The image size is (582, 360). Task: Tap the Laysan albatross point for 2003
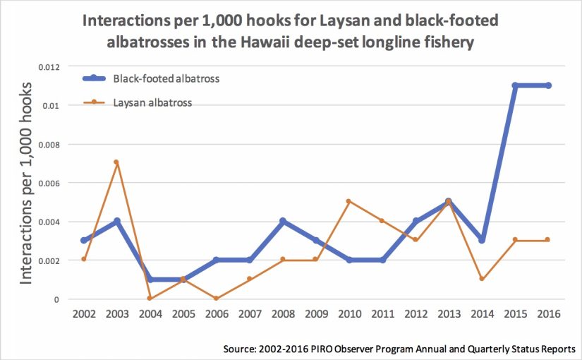(x=116, y=162)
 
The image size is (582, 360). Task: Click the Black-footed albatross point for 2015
(x=515, y=85)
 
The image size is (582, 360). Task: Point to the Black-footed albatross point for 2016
(x=548, y=85)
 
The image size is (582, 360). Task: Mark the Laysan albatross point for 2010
(x=349, y=201)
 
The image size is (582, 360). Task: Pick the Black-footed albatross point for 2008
(x=283, y=221)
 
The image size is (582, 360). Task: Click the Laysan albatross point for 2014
(x=482, y=279)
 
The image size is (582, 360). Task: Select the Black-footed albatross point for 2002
(x=83, y=240)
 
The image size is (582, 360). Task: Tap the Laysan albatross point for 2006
(x=217, y=299)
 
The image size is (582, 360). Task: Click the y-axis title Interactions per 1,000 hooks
(x=27, y=183)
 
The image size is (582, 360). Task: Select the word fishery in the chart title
(x=445, y=43)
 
